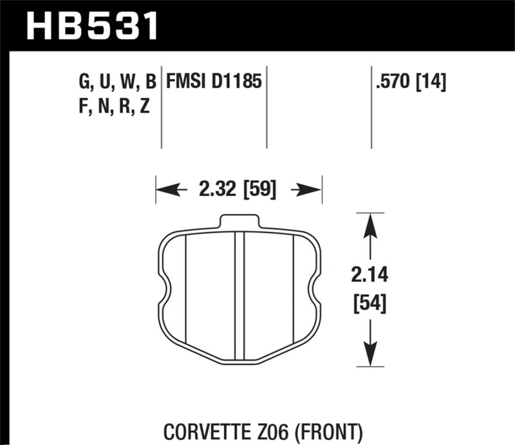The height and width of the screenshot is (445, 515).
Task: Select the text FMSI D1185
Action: [x=214, y=82]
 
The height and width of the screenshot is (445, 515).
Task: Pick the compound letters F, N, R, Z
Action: [x=113, y=106]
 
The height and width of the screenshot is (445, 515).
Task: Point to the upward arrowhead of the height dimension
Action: [x=369, y=225]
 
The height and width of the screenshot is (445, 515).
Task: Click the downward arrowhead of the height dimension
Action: [x=369, y=354]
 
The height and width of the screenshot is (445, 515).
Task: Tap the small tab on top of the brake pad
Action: [x=239, y=222]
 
